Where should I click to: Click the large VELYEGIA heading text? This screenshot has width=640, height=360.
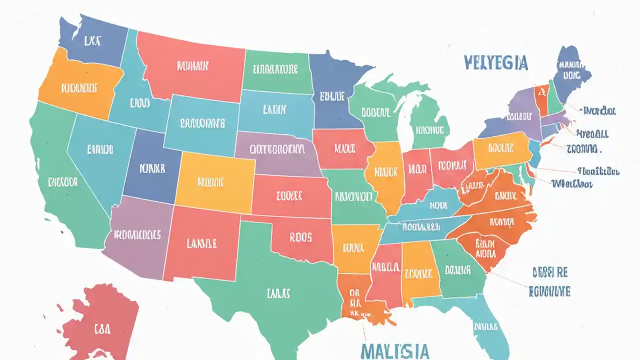tap(495, 63)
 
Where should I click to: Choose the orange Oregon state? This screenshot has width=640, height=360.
tap(80, 85)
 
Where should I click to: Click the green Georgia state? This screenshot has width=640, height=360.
tap(457, 270)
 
